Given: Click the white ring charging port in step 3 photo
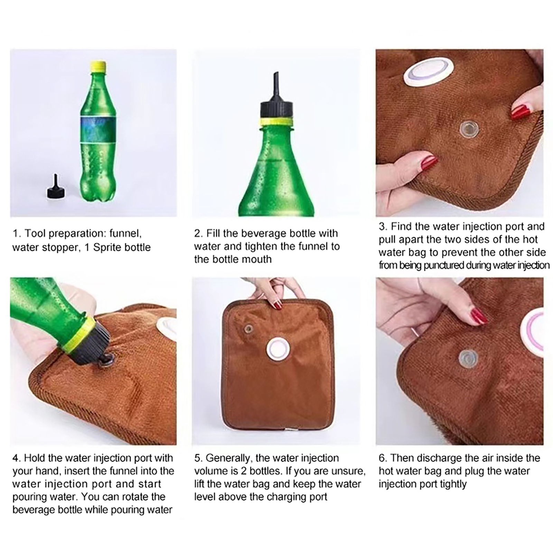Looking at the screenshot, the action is point(428,74).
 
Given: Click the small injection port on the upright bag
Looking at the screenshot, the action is point(247,328).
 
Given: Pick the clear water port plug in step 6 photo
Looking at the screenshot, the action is point(468,358).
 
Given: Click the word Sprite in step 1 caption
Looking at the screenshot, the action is point(110,247).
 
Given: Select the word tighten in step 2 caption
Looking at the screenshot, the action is point(261,246).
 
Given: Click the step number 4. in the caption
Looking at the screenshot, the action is point(17,458).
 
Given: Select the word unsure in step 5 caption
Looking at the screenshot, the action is point(348,471).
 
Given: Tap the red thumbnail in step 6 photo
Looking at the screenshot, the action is point(479,315).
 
